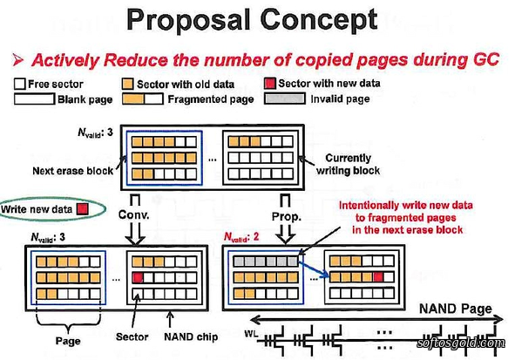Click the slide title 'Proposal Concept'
pyautogui.click(x=252, y=20)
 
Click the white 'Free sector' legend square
pyautogui.click(x=20, y=84)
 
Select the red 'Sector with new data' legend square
pyautogui.click(x=269, y=84)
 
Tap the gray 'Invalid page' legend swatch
pyautogui.click(x=285, y=98)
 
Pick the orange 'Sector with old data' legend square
pyautogui.click(x=127, y=84)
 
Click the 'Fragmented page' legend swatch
pyautogui.click(x=143, y=98)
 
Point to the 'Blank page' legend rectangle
pyautogui.click(x=34, y=98)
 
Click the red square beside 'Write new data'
pyautogui.click(x=82, y=209)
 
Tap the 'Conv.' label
pyautogui.click(x=134, y=214)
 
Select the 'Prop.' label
pyautogui.click(x=287, y=216)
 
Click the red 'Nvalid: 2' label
pyautogui.click(x=241, y=237)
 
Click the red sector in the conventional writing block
pyautogui.click(x=138, y=278)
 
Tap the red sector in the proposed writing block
pyautogui.click(x=378, y=277)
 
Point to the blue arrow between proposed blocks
pyautogui.click(x=315, y=268)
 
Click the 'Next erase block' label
pyautogui.click(x=73, y=171)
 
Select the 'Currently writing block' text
pyautogui.click(x=349, y=164)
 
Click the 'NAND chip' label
pyautogui.click(x=191, y=337)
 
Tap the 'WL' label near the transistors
pyautogui.click(x=251, y=334)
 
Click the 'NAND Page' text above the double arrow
pyautogui.click(x=456, y=309)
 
